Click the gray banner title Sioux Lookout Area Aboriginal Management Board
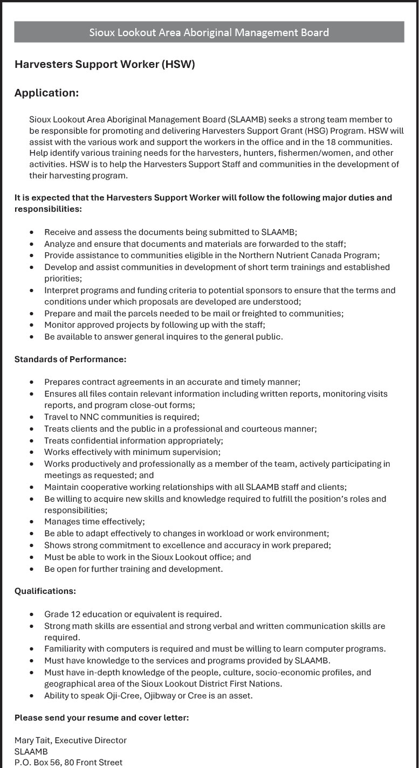[209, 32]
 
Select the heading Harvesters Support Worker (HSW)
[105, 65]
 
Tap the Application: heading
[46, 93]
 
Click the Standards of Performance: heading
[70, 359]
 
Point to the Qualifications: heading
[45, 591]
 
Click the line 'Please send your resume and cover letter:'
[101, 718]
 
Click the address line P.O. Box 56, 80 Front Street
[68, 763]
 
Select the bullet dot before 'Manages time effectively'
[32, 522]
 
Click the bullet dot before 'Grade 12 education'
[32, 614]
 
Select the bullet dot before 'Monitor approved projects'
[32, 325]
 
